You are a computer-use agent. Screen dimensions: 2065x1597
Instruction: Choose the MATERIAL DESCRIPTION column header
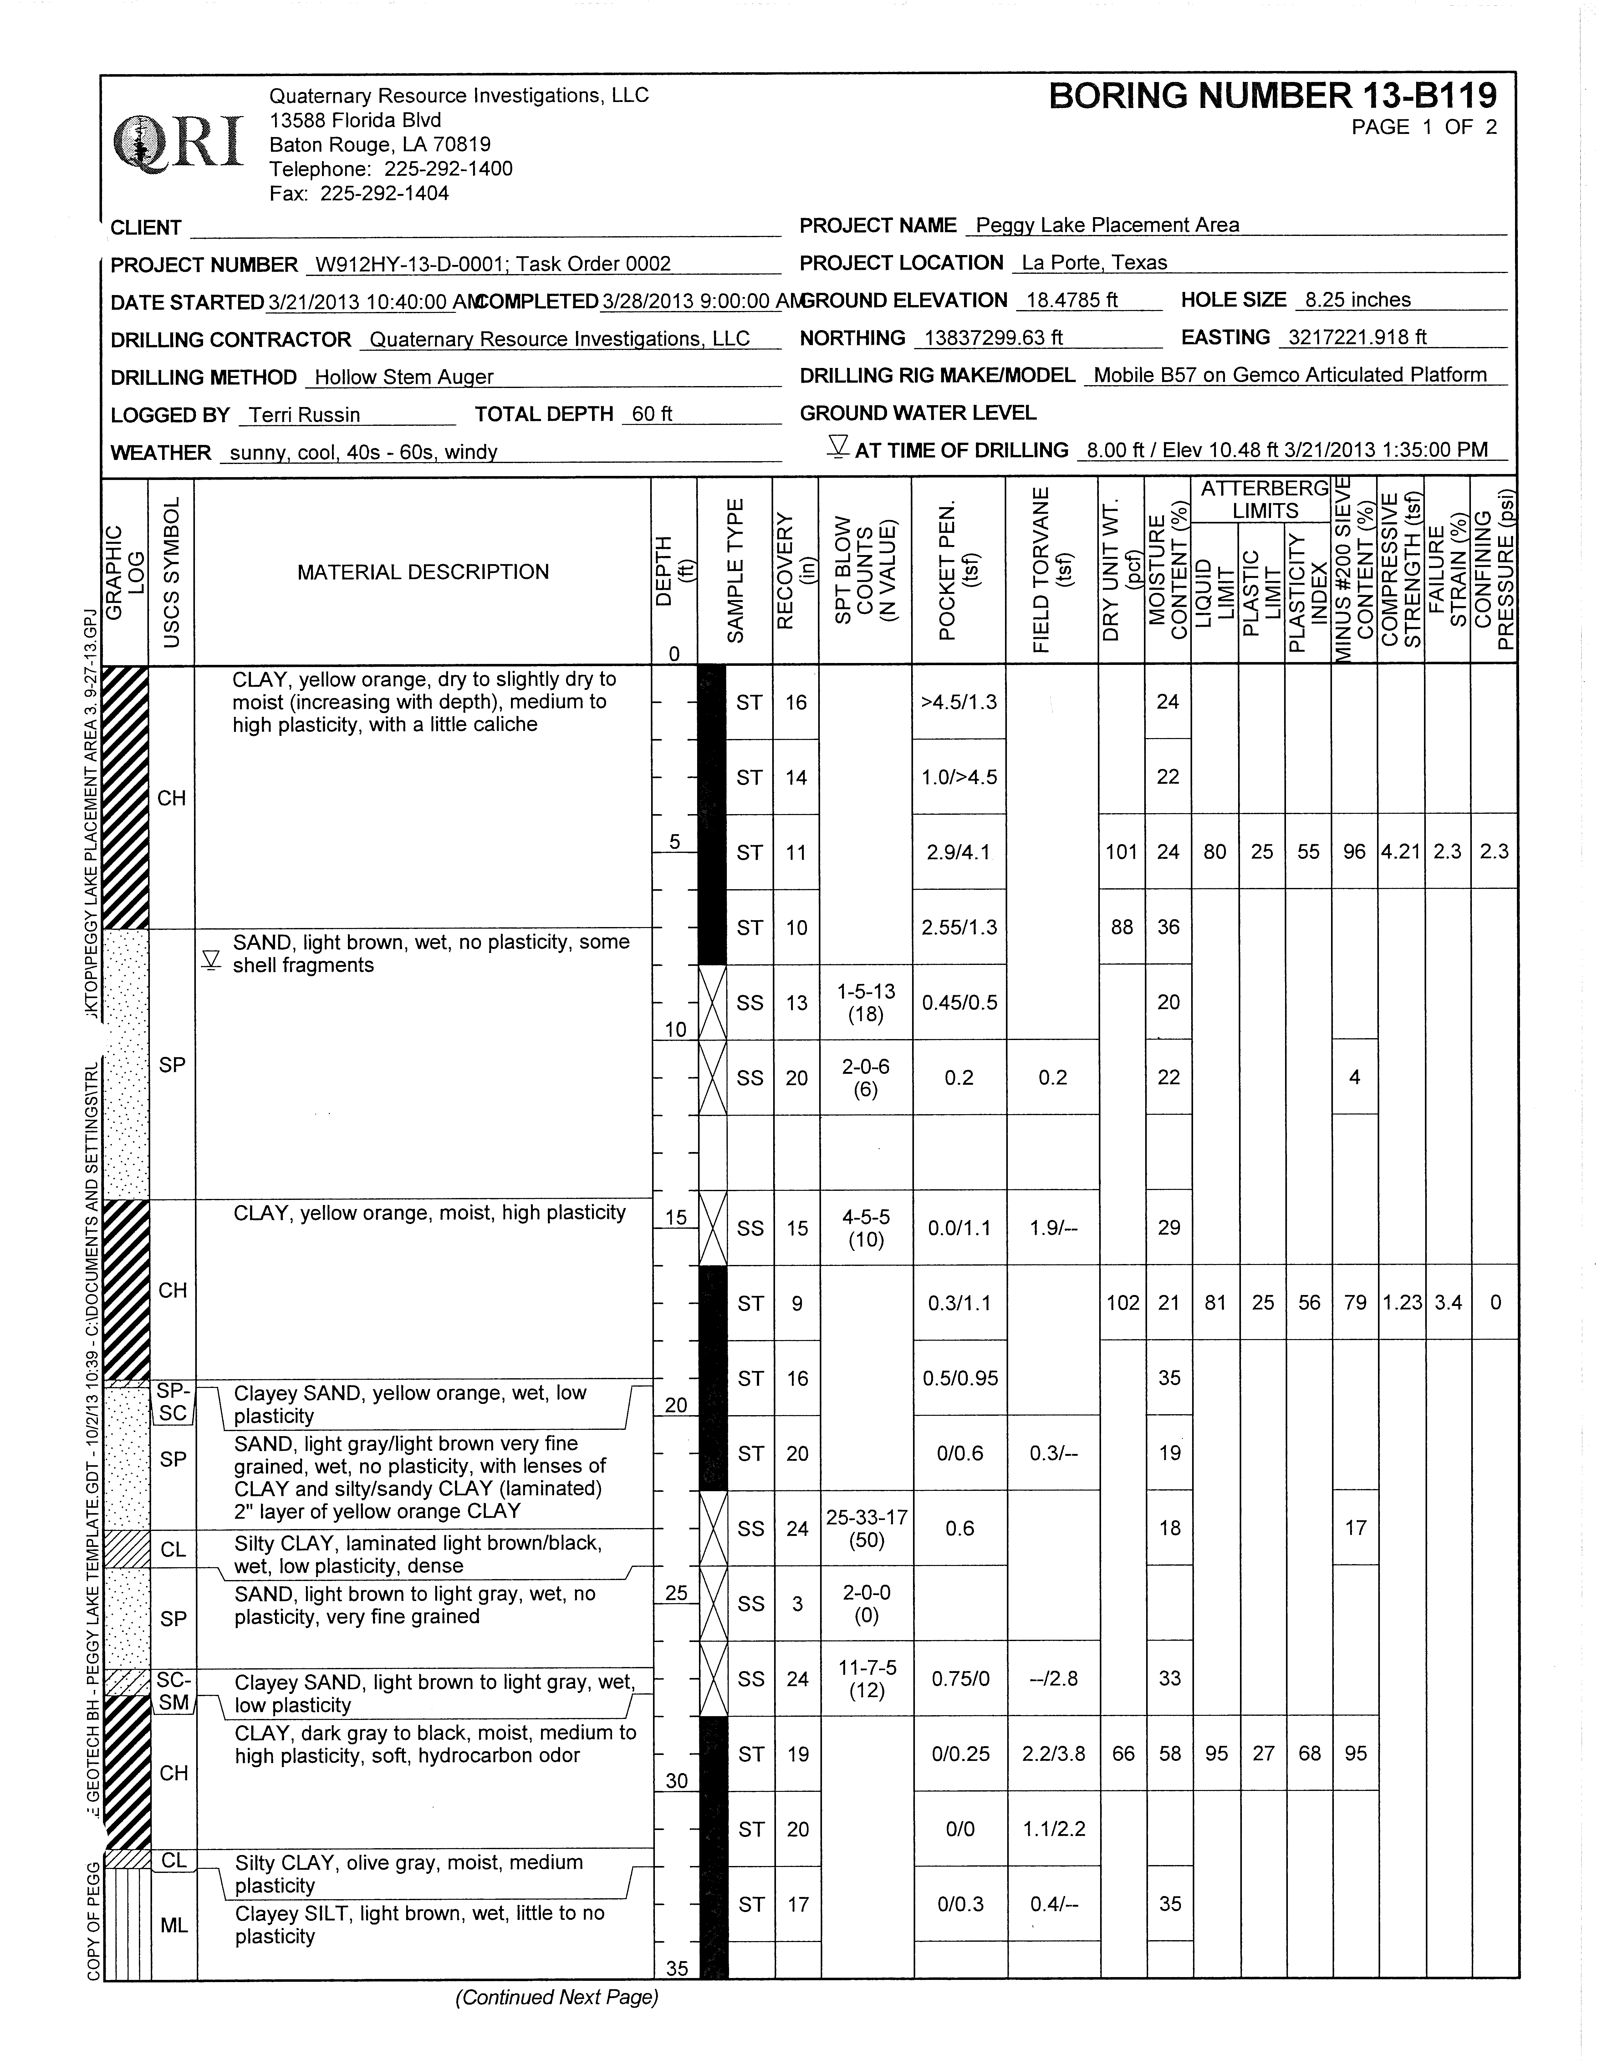click(x=423, y=572)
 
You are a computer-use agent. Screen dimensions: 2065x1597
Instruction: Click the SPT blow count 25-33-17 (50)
click(x=866, y=1529)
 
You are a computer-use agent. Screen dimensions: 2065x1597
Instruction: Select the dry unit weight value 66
click(x=1122, y=1754)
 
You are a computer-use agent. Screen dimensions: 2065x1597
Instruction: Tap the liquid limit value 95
click(x=1216, y=1754)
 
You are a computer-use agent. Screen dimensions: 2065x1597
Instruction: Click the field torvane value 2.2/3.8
click(x=1053, y=1754)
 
